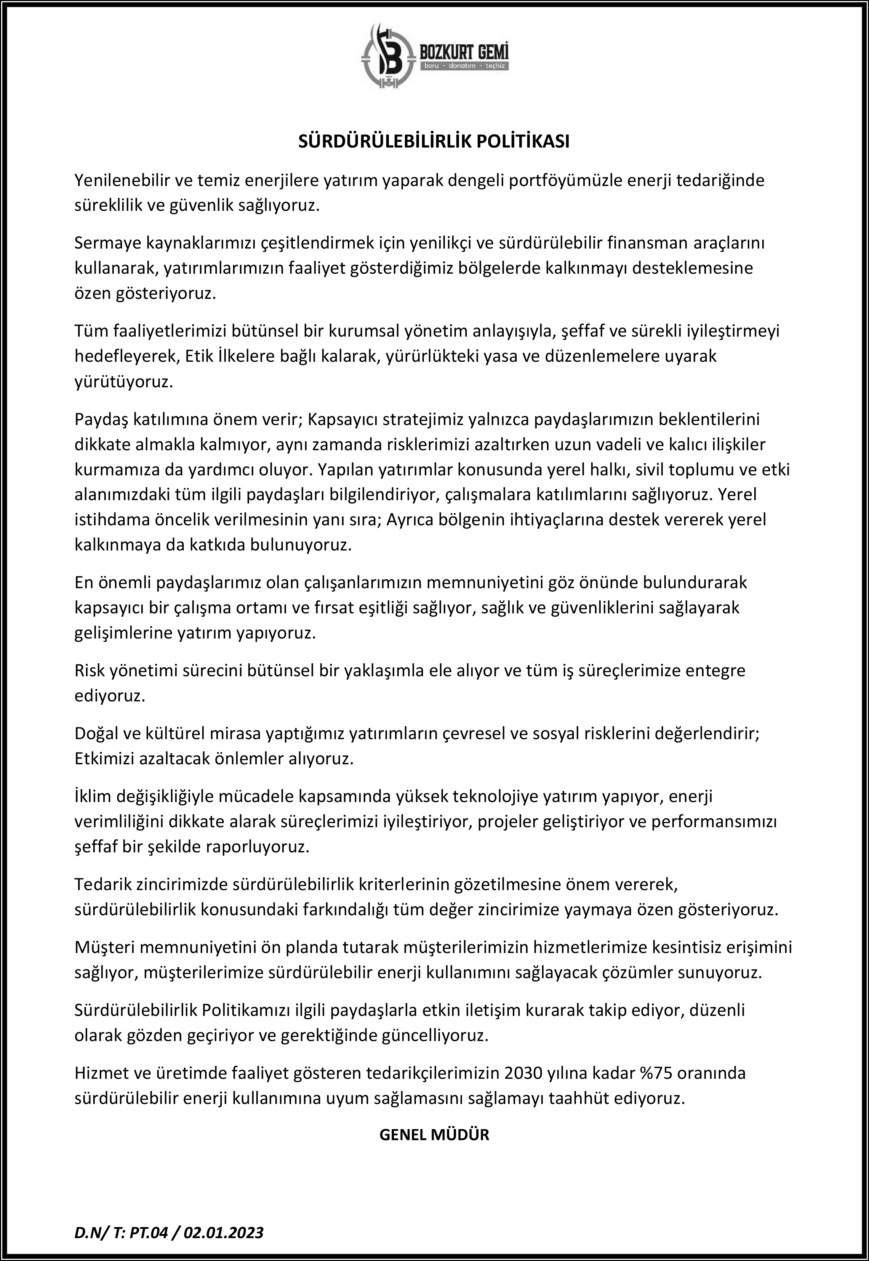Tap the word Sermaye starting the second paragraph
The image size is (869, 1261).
[108, 244]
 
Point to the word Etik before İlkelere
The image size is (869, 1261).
[197, 357]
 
